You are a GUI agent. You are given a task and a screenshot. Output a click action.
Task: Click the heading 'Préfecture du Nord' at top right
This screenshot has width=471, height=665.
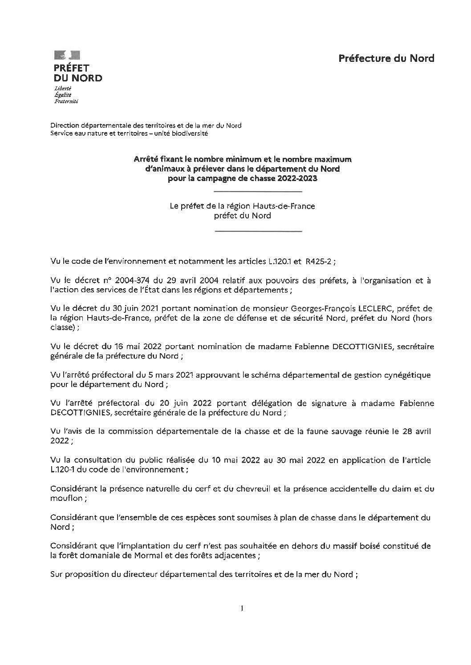386,58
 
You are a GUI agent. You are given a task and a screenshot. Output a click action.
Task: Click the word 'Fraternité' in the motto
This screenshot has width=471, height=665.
66,101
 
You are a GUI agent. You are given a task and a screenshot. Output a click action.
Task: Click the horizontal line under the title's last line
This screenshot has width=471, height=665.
258,191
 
